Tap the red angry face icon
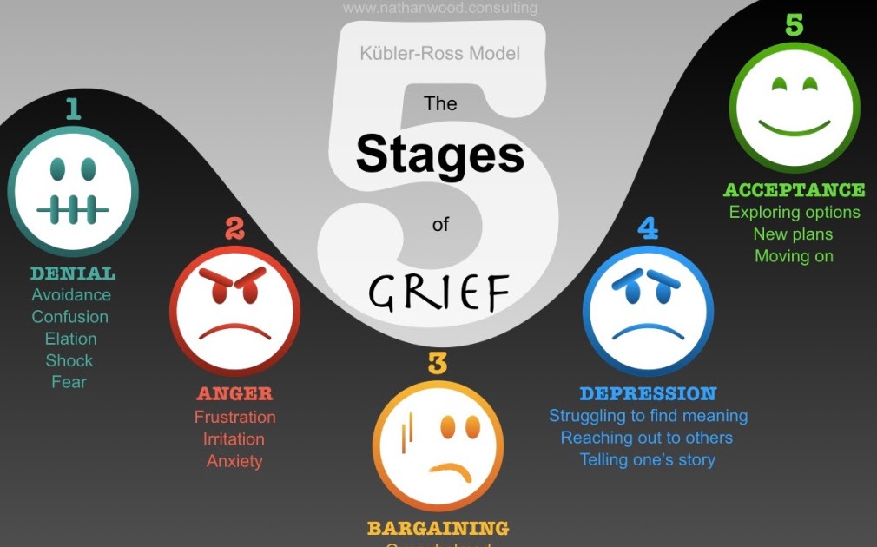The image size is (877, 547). (234, 310)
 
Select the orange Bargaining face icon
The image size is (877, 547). (438, 445)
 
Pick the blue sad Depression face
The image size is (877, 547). (648, 310)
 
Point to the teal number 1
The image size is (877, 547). (72, 109)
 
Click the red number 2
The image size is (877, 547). (234, 228)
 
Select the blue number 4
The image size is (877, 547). (648, 228)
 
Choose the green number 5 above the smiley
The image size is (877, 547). (794, 24)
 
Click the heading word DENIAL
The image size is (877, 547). (72, 273)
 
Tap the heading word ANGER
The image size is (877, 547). (234, 394)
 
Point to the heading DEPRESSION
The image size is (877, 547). (648, 394)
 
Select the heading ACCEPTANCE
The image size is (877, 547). (794, 190)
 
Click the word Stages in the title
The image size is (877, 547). (440, 155)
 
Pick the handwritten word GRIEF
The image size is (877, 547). (438, 293)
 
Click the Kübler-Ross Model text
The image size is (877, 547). (439, 54)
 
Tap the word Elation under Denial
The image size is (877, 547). (70, 339)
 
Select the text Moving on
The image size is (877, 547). (794, 256)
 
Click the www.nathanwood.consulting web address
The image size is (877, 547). (439, 9)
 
